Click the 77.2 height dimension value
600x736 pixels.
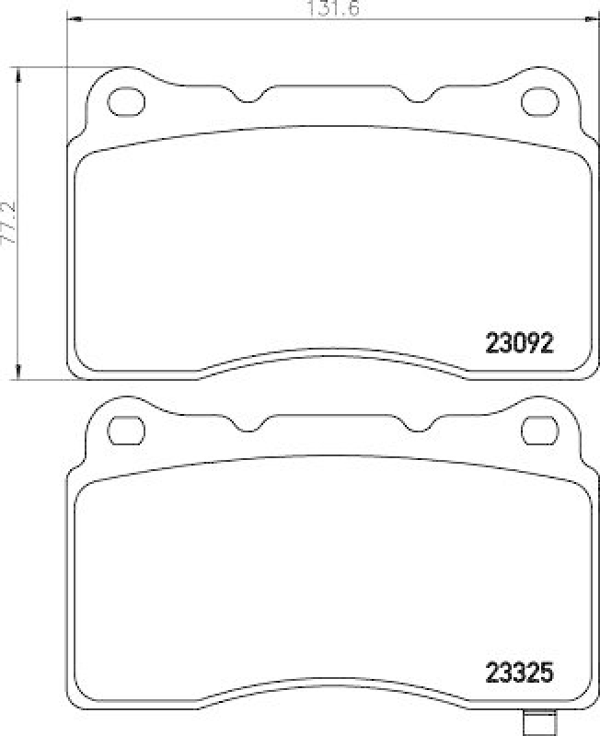click(9, 224)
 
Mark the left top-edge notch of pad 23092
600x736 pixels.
click(251, 96)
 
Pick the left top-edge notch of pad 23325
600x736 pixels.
click(251, 423)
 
